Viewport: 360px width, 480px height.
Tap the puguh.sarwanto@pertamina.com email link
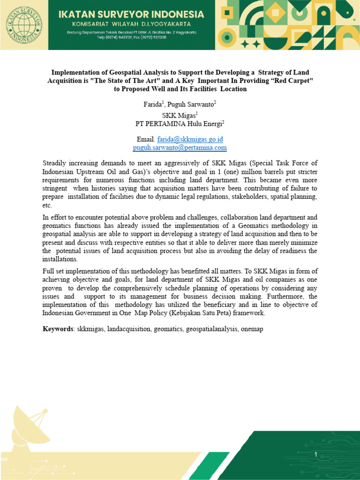(180, 147)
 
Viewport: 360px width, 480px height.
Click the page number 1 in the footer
(316, 455)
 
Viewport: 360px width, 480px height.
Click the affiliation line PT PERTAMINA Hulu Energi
(179, 123)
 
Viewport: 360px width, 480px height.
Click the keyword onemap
(252, 329)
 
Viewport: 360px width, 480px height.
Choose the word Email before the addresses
(144, 139)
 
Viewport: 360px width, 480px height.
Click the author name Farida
(152, 104)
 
